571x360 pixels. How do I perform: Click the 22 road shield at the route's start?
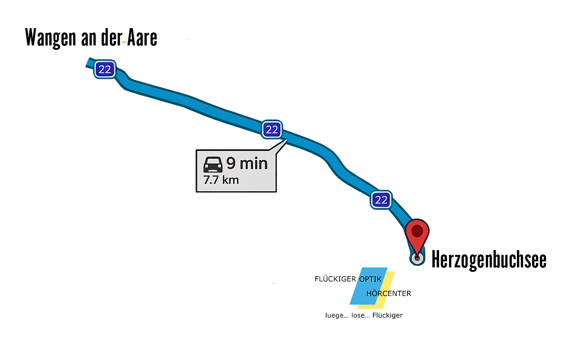pos(105,69)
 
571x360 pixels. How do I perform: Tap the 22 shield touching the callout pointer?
pos(272,129)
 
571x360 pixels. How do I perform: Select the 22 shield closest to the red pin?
pos(381,199)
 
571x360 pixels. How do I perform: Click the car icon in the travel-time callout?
pos(213,165)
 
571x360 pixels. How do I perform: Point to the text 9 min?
pos(247,164)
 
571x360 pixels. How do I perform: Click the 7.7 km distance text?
pos(221,180)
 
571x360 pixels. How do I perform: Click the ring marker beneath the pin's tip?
pos(417,259)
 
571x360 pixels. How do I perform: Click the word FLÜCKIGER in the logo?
pos(334,279)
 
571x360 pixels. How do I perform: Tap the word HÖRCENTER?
pos(388,293)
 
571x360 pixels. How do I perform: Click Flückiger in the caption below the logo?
pos(388,315)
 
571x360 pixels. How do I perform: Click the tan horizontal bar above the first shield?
pos(82,31)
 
